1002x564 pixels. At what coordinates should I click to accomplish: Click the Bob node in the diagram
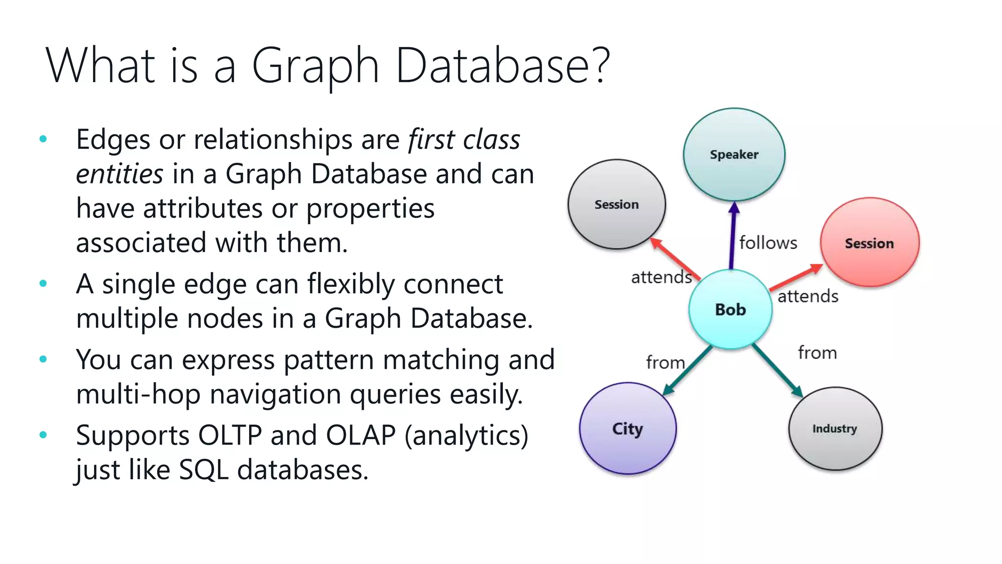pyautogui.click(x=730, y=309)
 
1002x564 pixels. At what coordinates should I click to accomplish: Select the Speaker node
pyautogui.click(x=734, y=155)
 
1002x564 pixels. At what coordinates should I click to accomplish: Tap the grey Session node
pyautogui.click(x=616, y=204)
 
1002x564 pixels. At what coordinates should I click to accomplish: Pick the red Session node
pyautogui.click(x=869, y=243)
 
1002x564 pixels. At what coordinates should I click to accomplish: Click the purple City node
pyautogui.click(x=628, y=429)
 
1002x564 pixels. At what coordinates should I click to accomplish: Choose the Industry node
pyautogui.click(x=835, y=429)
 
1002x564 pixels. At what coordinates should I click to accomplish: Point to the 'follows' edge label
pyautogui.click(x=768, y=243)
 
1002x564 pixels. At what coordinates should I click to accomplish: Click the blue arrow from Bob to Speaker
pyautogui.click(x=732, y=235)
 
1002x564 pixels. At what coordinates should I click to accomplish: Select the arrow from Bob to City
pyautogui.click(x=688, y=370)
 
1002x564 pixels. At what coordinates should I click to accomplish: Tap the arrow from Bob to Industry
pyautogui.click(x=777, y=370)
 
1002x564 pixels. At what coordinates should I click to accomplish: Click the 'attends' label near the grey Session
pyautogui.click(x=661, y=278)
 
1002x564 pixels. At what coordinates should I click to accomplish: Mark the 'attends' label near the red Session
pyautogui.click(x=808, y=297)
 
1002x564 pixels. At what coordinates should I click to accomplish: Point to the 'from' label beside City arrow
pyautogui.click(x=665, y=363)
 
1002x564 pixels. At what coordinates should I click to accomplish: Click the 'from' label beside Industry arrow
pyautogui.click(x=817, y=353)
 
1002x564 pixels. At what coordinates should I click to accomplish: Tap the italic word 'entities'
pyautogui.click(x=119, y=174)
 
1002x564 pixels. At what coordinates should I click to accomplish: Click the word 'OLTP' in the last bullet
pyautogui.click(x=230, y=435)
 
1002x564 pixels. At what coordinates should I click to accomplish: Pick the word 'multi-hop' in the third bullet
pyautogui.click(x=138, y=395)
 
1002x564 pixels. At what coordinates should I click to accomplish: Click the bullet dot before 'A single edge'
pyautogui.click(x=43, y=283)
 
